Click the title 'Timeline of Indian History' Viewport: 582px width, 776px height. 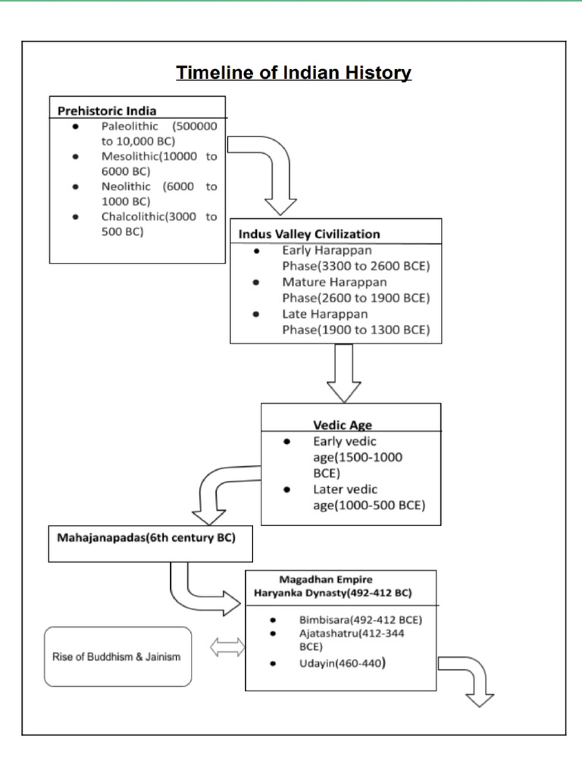293,74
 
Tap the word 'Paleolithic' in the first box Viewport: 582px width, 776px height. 130,127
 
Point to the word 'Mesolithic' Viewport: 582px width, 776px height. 130,157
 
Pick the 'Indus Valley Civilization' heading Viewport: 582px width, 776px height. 309,233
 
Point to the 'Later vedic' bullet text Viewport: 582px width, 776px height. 346,490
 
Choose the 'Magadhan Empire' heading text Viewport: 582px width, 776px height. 326,580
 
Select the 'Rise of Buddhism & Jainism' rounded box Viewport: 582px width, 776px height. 117,656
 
